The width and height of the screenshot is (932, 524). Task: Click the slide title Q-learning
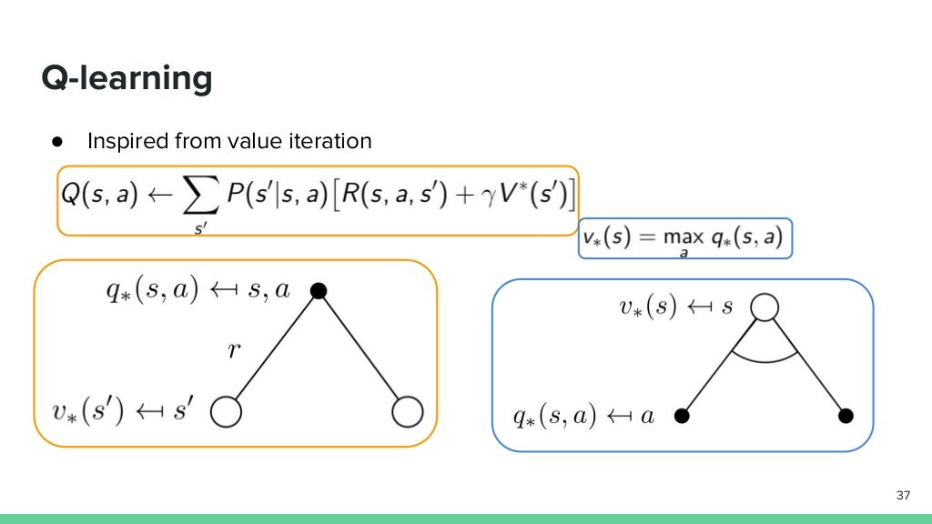(x=127, y=79)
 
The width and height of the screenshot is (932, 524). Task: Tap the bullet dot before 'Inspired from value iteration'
(x=56, y=142)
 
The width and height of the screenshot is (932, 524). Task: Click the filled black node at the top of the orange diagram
(x=318, y=290)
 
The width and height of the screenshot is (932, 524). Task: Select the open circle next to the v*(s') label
(x=226, y=413)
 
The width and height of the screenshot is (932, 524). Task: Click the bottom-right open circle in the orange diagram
(x=408, y=413)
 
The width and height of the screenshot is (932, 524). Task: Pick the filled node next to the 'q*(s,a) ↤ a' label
(x=681, y=416)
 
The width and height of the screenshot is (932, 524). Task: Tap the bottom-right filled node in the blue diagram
(x=846, y=416)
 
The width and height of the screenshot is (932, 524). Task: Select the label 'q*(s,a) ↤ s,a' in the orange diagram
(x=197, y=290)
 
